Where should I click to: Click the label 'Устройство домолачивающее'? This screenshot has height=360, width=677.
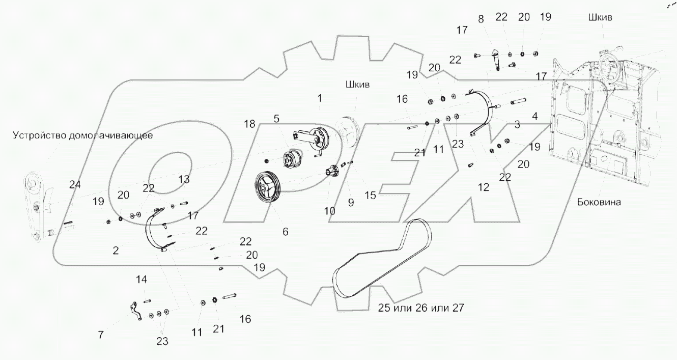pos(83,136)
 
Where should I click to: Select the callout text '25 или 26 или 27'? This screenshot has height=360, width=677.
pos(421,308)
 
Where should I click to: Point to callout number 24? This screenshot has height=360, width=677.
pos(75,185)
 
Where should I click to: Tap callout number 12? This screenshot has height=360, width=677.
pos(484,187)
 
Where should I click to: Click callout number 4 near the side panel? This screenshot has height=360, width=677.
pos(534,116)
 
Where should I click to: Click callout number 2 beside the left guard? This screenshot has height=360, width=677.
pos(116,251)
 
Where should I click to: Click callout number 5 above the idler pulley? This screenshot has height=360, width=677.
pos(276,119)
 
